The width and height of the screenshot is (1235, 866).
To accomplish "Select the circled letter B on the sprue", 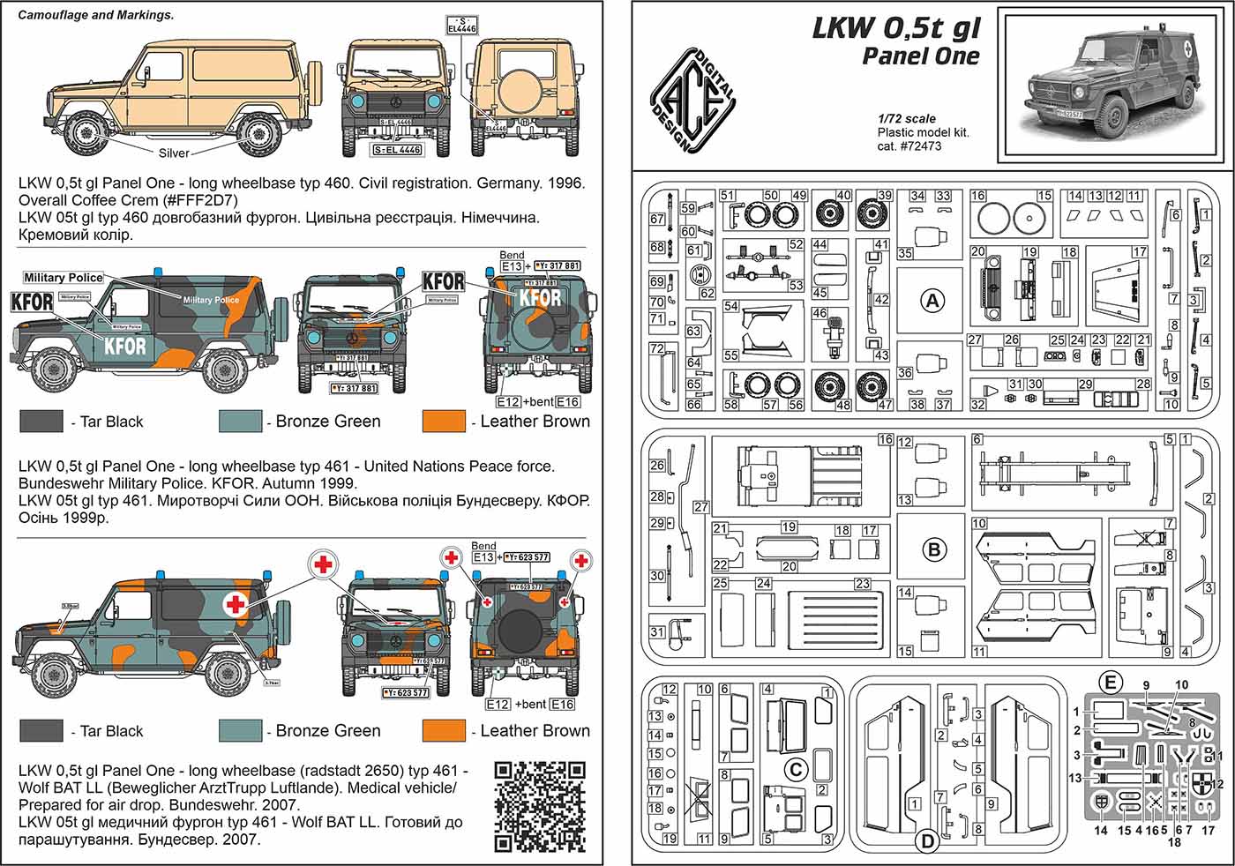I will coord(933,550).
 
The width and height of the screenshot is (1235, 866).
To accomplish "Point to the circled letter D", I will coord(927,842).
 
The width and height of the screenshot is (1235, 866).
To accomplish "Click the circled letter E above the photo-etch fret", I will coord(1111,681).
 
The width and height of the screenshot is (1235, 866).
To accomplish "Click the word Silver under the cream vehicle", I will coord(174,153).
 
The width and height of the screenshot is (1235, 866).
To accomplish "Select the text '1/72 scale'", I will coord(907,118).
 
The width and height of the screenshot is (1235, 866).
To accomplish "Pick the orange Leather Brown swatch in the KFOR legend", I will coord(444,422).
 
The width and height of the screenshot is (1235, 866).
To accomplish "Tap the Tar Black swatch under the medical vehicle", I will coord(41,731).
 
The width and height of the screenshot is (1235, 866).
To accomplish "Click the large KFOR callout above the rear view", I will coord(443,281).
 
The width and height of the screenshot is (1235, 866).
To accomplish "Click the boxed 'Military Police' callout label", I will coord(64,278).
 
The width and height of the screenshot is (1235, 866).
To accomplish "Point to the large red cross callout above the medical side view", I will coord(325,564).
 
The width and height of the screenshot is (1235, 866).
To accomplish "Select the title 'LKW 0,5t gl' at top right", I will coord(895,28).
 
